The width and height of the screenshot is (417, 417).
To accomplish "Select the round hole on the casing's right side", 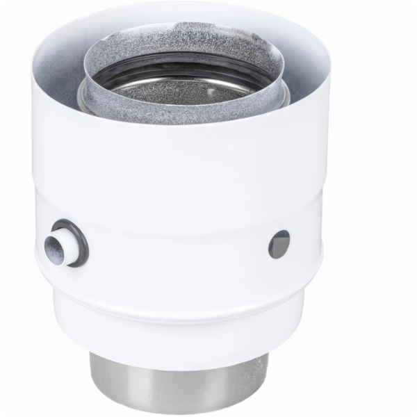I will tap(279, 244).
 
